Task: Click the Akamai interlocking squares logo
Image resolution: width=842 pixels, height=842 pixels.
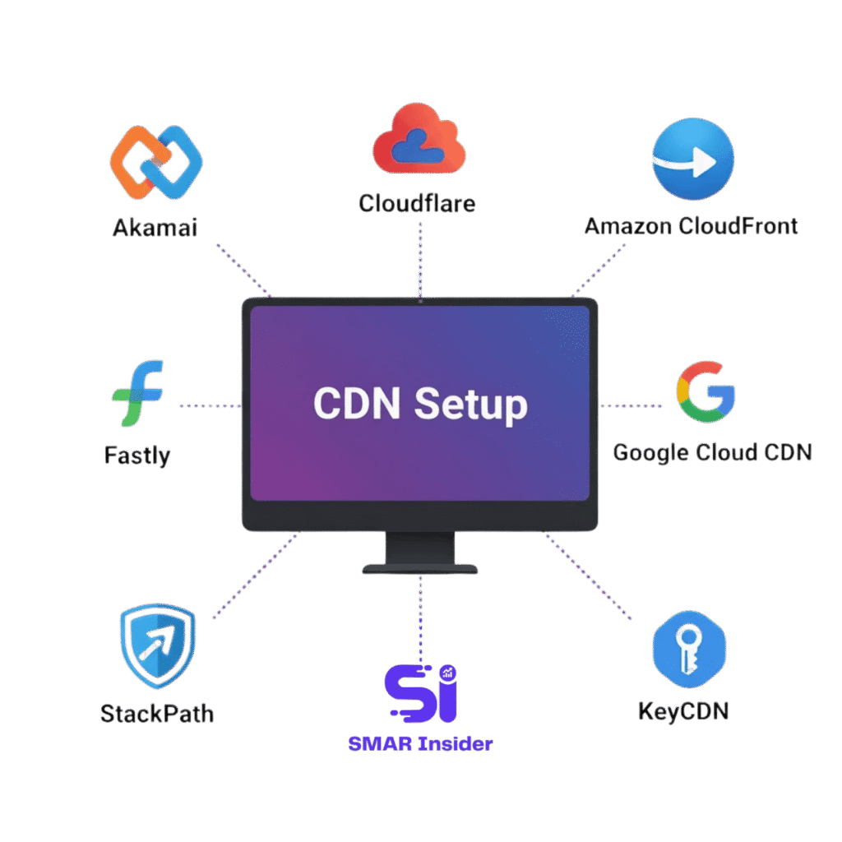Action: click(155, 161)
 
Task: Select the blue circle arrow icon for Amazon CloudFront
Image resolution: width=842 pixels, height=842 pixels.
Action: click(692, 160)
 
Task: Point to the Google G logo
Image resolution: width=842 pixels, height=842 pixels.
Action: click(706, 391)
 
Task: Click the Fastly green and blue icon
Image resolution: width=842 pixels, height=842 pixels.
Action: click(137, 393)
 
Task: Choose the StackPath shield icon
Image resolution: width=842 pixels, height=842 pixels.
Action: click(156, 647)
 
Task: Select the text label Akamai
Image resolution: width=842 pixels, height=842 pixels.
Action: click(155, 227)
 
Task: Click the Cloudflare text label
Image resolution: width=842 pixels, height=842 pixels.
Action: click(417, 202)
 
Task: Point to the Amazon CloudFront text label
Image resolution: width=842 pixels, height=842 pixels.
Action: click(691, 225)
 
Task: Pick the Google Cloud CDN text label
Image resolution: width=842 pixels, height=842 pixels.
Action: click(712, 452)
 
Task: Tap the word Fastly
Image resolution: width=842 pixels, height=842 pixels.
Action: click(136, 455)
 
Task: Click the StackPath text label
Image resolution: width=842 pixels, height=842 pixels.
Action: click(156, 713)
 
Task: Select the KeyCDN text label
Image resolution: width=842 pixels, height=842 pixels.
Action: click(682, 710)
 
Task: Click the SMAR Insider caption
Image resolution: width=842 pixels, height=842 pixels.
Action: click(420, 744)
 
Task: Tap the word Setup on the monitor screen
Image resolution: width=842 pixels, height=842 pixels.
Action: click(470, 404)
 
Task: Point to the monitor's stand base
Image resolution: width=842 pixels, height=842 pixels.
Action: click(419, 567)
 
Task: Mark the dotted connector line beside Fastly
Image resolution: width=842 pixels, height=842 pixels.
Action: click(210, 405)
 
